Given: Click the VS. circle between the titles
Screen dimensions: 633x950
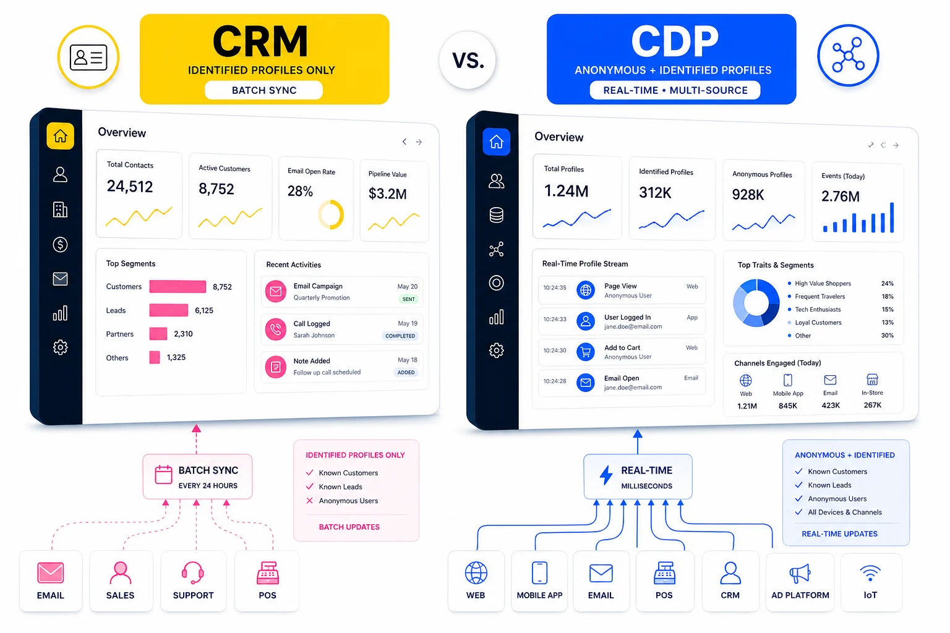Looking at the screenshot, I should coord(468,61).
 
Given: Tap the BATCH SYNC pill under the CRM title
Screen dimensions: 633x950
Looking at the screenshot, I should coord(264,90).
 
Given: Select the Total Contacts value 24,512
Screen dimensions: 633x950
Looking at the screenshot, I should coord(130,187).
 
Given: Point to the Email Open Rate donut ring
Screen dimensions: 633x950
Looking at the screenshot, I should coord(331,215).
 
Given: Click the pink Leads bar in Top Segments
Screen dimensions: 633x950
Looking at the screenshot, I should coord(169,310).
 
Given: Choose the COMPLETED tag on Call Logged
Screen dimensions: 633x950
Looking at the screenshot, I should coord(400,336).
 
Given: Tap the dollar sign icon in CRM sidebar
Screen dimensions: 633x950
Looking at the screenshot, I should coord(60,244).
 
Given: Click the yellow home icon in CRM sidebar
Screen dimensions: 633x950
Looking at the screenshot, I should coord(60,136).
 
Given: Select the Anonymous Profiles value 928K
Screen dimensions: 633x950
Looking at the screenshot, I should coord(748,195).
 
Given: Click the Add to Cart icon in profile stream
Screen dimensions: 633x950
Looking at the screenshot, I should coord(585,352).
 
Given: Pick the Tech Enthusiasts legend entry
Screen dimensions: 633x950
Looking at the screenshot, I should coord(818,310).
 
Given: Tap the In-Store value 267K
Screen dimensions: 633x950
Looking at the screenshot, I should coord(872,406).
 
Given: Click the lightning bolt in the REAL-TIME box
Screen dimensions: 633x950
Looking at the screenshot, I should coord(606,476).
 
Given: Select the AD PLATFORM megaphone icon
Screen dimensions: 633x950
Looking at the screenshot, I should coord(800,574).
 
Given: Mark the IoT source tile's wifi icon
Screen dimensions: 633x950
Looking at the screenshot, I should coord(870,573).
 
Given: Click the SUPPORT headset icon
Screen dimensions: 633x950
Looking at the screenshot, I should coord(193,573).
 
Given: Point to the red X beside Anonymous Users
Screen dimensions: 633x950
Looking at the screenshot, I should coord(310,501).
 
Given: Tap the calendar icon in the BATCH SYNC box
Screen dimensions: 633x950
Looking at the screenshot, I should coord(163,475).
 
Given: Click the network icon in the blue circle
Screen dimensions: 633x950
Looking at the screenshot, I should coord(848,56).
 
